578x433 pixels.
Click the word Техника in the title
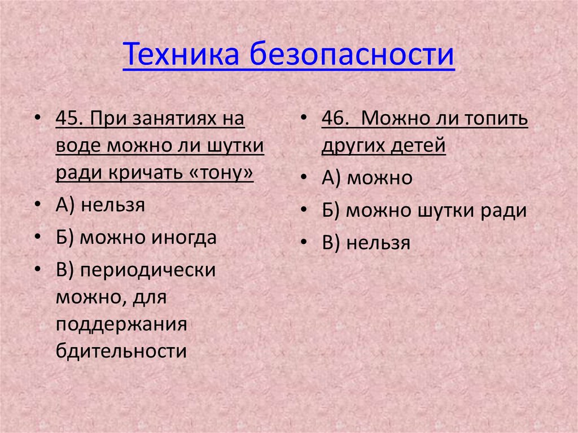pyautogui.click(x=182, y=55)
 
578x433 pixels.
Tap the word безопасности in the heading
pyautogui.click(x=353, y=55)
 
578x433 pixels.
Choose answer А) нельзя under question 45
pyautogui.click(x=100, y=204)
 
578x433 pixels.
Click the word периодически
pyautogui.click(x=148, y=269)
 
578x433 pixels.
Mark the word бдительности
pyautogui.click(x=121, y=351)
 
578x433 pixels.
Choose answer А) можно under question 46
pyautogui.click(x=367, y=178)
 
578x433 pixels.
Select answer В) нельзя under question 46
pyautogui.click(x=366, y=243)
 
